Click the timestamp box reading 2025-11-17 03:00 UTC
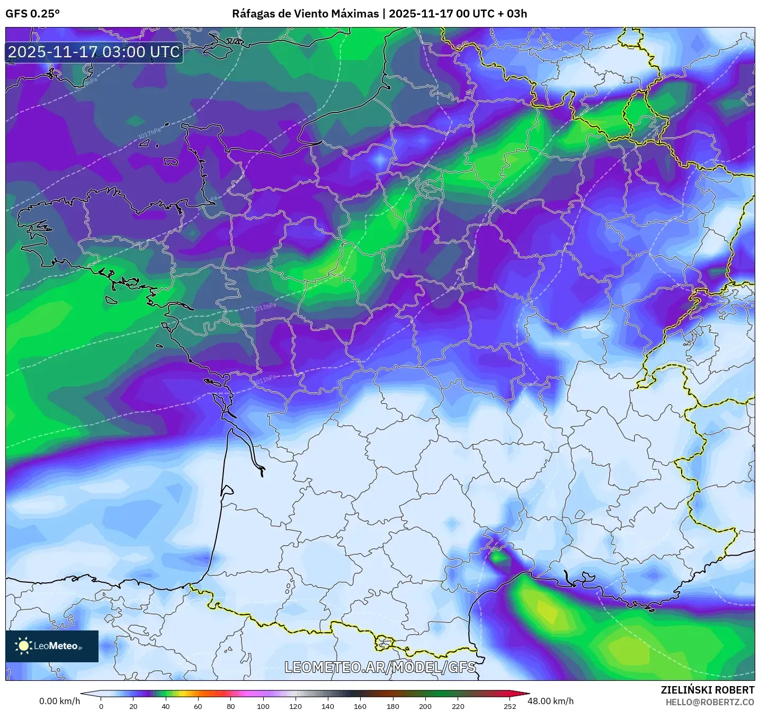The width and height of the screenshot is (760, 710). (94, 52)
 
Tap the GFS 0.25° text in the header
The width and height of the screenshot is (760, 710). (32, 14)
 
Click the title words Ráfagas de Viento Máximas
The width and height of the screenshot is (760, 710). (306, 14)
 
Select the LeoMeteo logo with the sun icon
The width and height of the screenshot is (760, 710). (52, 646)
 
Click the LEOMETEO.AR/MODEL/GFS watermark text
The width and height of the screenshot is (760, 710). (380, 667)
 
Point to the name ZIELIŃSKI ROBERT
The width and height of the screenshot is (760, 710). (708, 690)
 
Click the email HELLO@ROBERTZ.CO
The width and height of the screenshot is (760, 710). (710, 702)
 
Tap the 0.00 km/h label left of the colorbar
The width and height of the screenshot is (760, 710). (59, 701)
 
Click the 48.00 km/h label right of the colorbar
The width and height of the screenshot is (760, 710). (550, 701)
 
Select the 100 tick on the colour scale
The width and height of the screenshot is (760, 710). (263, 706)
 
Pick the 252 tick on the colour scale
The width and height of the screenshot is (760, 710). (509, 706)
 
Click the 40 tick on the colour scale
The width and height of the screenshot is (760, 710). (166, 706)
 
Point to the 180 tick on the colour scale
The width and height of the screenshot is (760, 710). (393, 706)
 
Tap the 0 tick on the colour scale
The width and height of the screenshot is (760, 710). (101, 706)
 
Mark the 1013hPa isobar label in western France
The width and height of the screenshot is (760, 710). (264, 307)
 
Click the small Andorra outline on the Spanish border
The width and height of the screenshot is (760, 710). (385, 643)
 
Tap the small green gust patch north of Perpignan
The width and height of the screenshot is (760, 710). (497, 557)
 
